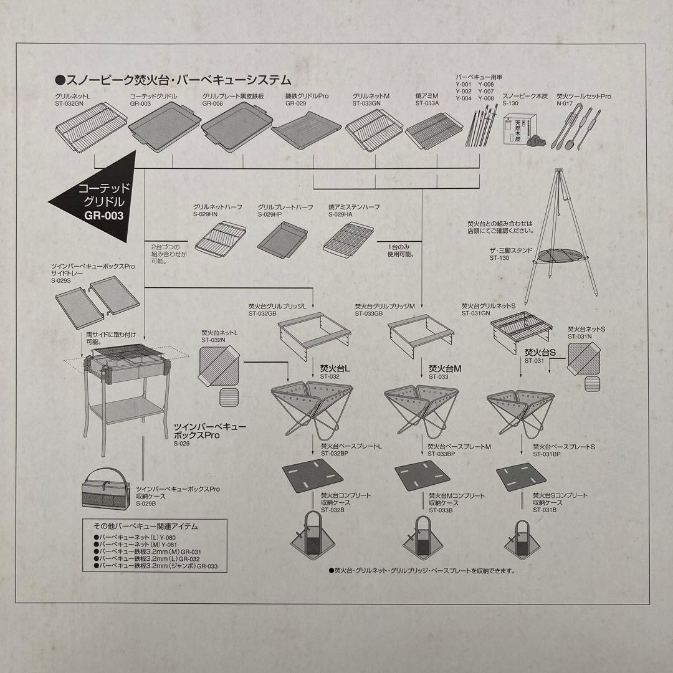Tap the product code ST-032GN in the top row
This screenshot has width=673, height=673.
coord(69,105)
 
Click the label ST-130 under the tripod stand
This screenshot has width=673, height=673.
coord(499,257)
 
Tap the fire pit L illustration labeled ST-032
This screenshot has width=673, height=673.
coord(312,408)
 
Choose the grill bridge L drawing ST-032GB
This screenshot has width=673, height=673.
coord(309,333)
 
